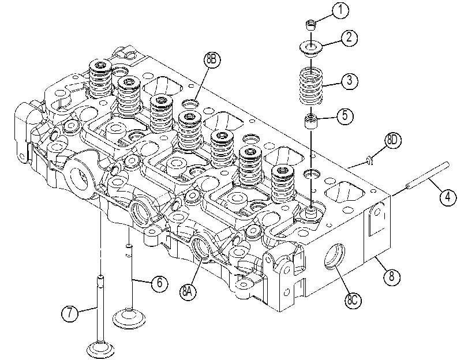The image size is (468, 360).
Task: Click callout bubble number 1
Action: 340,10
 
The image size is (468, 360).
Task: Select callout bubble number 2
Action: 349,38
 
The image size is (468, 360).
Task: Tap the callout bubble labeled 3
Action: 350,80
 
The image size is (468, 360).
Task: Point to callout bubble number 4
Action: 448,197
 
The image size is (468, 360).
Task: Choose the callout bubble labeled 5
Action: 345,115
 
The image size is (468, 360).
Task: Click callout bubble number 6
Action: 160,282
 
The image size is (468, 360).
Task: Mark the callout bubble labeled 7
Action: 70,313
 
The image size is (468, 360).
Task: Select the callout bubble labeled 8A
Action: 188,292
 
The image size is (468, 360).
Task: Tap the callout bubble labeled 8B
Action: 212,59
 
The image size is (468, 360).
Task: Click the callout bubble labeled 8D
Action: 393,140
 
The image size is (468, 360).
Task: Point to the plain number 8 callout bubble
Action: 392,277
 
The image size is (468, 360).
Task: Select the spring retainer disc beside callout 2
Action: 311,48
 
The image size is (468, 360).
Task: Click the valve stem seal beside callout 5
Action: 310,121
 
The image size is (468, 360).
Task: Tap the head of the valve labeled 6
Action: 129,319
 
